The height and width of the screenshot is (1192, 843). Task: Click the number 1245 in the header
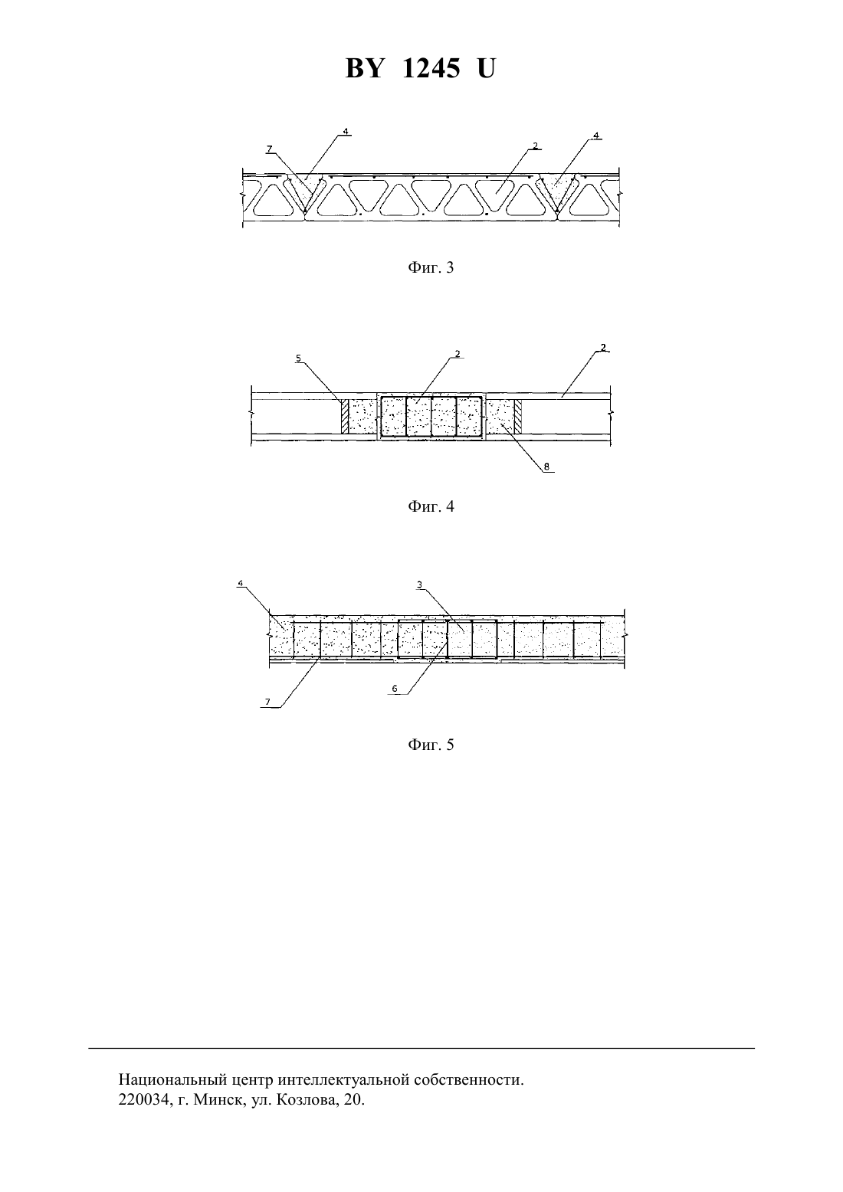point(431,69)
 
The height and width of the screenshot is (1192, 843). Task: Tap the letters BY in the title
point(365,69)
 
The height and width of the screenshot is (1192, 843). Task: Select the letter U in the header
point(486,69)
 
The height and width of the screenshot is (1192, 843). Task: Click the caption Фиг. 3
point(431,267)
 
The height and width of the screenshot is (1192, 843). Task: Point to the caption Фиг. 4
point(431,506)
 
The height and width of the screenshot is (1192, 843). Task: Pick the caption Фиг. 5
point(431,745)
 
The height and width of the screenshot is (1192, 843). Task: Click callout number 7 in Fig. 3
point(269,149)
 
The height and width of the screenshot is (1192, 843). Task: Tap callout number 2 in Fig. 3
point(536,146)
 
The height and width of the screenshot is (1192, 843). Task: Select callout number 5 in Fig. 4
point(298,358)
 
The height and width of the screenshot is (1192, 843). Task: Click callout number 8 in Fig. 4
point(546,467)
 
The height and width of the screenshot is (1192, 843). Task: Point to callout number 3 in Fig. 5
point(419,585)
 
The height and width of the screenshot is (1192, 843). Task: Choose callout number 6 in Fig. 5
point(395,689)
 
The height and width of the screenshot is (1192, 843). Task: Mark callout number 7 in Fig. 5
point(267,702)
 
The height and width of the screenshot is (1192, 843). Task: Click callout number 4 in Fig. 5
point(240,583)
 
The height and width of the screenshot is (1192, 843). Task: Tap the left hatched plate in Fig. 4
point(344,416)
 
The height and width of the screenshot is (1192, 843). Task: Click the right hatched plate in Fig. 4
point(518,416)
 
